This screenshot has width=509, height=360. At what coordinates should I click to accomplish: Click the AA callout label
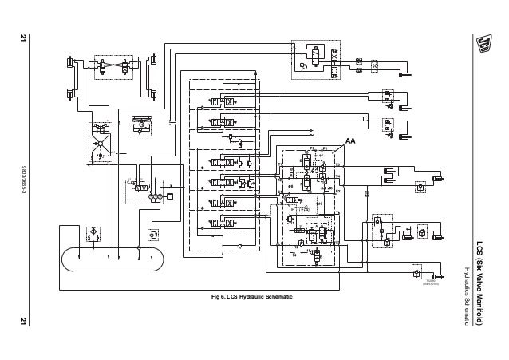pos(350,140)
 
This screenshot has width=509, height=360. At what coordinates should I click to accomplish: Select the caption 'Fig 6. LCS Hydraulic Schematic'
pos(247,298)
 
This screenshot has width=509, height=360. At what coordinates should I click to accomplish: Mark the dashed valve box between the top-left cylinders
pos(111,66)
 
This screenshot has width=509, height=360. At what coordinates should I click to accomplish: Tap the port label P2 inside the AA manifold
pos(312,149)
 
